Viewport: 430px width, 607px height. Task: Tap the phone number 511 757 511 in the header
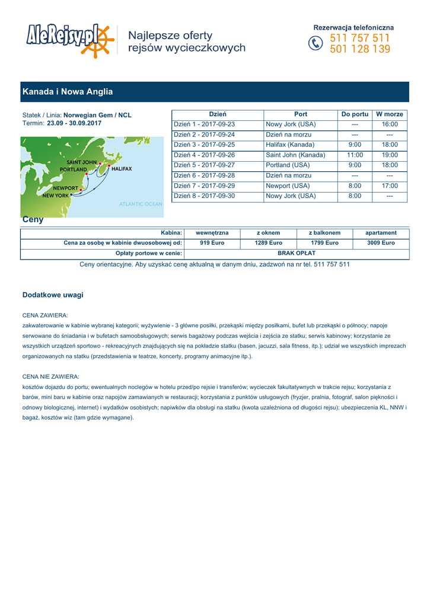360,38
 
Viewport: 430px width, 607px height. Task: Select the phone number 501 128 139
360,49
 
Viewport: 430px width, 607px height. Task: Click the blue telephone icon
316,44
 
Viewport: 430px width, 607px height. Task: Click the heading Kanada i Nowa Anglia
68,92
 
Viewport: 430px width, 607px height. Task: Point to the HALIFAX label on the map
121,168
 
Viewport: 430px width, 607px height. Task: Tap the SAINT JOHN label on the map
82,162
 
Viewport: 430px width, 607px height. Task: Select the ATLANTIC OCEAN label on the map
141,204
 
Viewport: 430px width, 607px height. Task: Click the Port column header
301,114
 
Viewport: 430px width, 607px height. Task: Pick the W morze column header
390,114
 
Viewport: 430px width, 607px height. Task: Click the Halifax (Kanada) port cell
290,145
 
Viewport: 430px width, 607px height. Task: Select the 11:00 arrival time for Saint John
355,155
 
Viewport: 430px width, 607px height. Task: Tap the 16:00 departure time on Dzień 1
390,124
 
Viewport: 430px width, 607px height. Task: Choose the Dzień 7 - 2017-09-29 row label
204,186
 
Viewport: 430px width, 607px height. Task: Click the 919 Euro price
212,243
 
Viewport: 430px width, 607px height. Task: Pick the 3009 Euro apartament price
381,243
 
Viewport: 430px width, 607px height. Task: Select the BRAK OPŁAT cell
297,253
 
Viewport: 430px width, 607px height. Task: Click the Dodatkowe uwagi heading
53,295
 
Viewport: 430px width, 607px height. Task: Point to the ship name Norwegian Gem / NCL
97,115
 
